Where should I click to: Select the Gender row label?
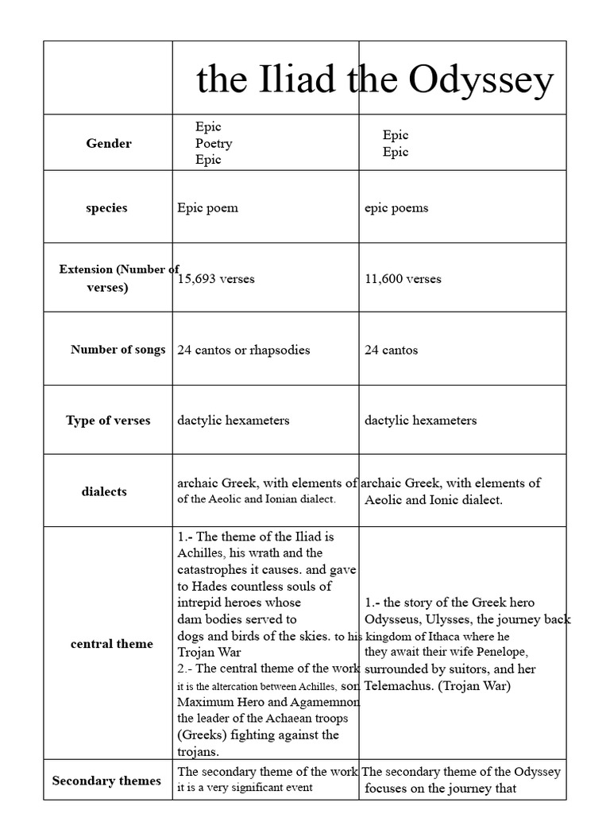pyautogui.click(x=109, y=143)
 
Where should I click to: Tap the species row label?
pyautogui.click(x=106, y=207)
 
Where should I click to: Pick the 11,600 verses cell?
pyautogui.click(x=403, y=279)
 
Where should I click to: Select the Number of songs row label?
pyautogui.click(x=118, y=349)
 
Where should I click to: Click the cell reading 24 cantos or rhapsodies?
pyautogui.click(x=243, y=350)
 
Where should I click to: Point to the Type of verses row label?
pyautogui.click(x=108, y=421)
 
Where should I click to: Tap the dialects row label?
pyautogui.click(x=104, y=491)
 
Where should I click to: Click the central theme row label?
pyautogui.click(x=112, y=644)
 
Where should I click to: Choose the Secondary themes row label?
pyautogui.click(x=106, y=781)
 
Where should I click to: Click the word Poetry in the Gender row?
pyautogui.click(x=214, y=143)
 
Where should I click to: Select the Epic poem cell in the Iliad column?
pyautogui.click(x=207, y=208)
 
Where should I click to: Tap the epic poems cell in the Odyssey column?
pyautogui.click(x=396, y=208)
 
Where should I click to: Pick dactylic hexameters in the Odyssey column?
pyautogui.click(x=420, y=421)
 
